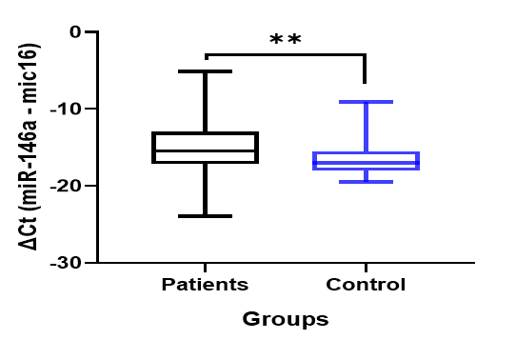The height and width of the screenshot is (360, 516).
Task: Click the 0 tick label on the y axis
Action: click(x=75, y=32)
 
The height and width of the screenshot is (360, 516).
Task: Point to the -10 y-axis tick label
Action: click(x=65, y=109)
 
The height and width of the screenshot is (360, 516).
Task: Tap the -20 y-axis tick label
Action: click(x=65, y=187)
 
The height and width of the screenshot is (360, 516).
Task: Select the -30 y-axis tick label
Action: click(x=65, y=263)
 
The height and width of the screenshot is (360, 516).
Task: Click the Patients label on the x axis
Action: click(x=205, y=285)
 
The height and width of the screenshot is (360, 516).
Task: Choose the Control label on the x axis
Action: click(x=366, y=285)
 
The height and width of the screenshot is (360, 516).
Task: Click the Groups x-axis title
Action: click(x=286, y=319)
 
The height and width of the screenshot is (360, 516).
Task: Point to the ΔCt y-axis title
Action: click(x=29, y=147)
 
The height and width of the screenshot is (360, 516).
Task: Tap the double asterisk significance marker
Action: click(x=285, y=39)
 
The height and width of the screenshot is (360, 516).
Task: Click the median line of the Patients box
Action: click(x=205, y=151)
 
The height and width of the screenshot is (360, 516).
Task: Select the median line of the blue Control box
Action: click(x=366, y=163)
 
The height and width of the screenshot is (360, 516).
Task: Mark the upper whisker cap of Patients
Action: click(x=205, y=71)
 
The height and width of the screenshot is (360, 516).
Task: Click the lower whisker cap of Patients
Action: click(x=205, y=216)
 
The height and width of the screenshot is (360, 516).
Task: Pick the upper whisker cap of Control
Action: click(x=366, y=102)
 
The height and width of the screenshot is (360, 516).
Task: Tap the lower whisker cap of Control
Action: click(x=366, y=182)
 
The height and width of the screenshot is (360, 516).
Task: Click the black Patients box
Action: click(x=205, y=133)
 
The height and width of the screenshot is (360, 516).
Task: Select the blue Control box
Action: click(x=366, y=153)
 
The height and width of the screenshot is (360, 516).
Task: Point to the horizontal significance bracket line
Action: click(x=286, y=54)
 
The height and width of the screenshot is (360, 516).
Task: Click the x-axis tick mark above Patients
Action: click(x=205, y=268)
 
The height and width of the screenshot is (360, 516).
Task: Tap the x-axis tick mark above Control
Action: click(x=366, y=268)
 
